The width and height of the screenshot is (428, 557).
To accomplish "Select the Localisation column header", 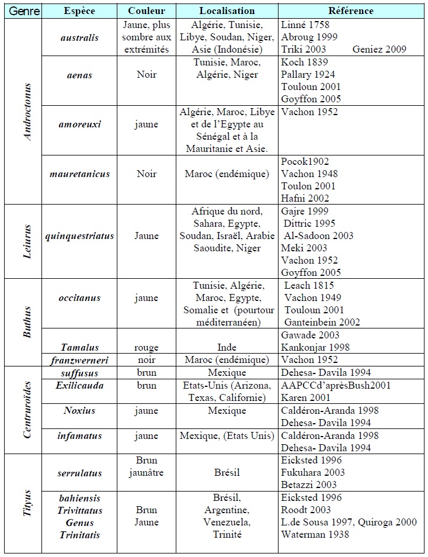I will [x=227, y=11].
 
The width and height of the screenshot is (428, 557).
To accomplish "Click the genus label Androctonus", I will [x=27, y=111].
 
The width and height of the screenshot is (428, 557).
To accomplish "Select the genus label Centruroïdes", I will [x=27, y=409].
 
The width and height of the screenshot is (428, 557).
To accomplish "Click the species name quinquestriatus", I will [x=79, y=236].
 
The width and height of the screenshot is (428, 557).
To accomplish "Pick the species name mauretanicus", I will [x=79, y=174].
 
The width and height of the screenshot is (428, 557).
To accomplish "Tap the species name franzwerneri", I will [x=79, y=359].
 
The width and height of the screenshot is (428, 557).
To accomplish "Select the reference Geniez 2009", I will [x=380, y=50].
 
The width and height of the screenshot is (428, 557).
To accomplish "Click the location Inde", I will [x=227, y=348].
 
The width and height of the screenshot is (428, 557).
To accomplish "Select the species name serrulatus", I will [x=79, y=472].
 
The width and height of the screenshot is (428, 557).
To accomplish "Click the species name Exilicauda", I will [x=79, y=385].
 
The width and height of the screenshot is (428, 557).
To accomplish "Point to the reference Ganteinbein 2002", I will [x=322, y=322].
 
